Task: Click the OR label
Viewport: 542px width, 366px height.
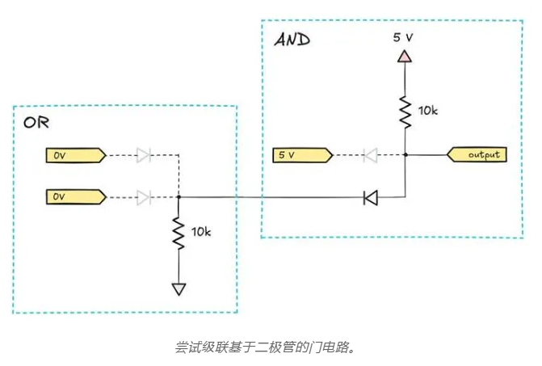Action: tap(37, 124)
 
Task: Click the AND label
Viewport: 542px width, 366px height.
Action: tap(292, 40)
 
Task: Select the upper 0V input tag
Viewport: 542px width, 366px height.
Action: tap(73, 154)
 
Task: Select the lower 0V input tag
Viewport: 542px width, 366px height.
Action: tap(73, 196)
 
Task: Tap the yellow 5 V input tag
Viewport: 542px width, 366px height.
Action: tap(299, 154)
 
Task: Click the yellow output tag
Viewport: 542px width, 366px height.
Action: tap(478, 154)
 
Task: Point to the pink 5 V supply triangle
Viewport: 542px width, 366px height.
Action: tap(405, 57)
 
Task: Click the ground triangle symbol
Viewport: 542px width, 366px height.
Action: tap(179, 288)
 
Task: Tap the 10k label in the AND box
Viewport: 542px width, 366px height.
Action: tap(428, 109)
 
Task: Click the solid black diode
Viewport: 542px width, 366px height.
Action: tap(371, 196)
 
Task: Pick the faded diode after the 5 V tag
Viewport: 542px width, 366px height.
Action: tap(372, 154)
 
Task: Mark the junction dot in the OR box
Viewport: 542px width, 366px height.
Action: tap(179, 196)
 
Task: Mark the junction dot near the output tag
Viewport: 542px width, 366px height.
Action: tap(405, 154)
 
